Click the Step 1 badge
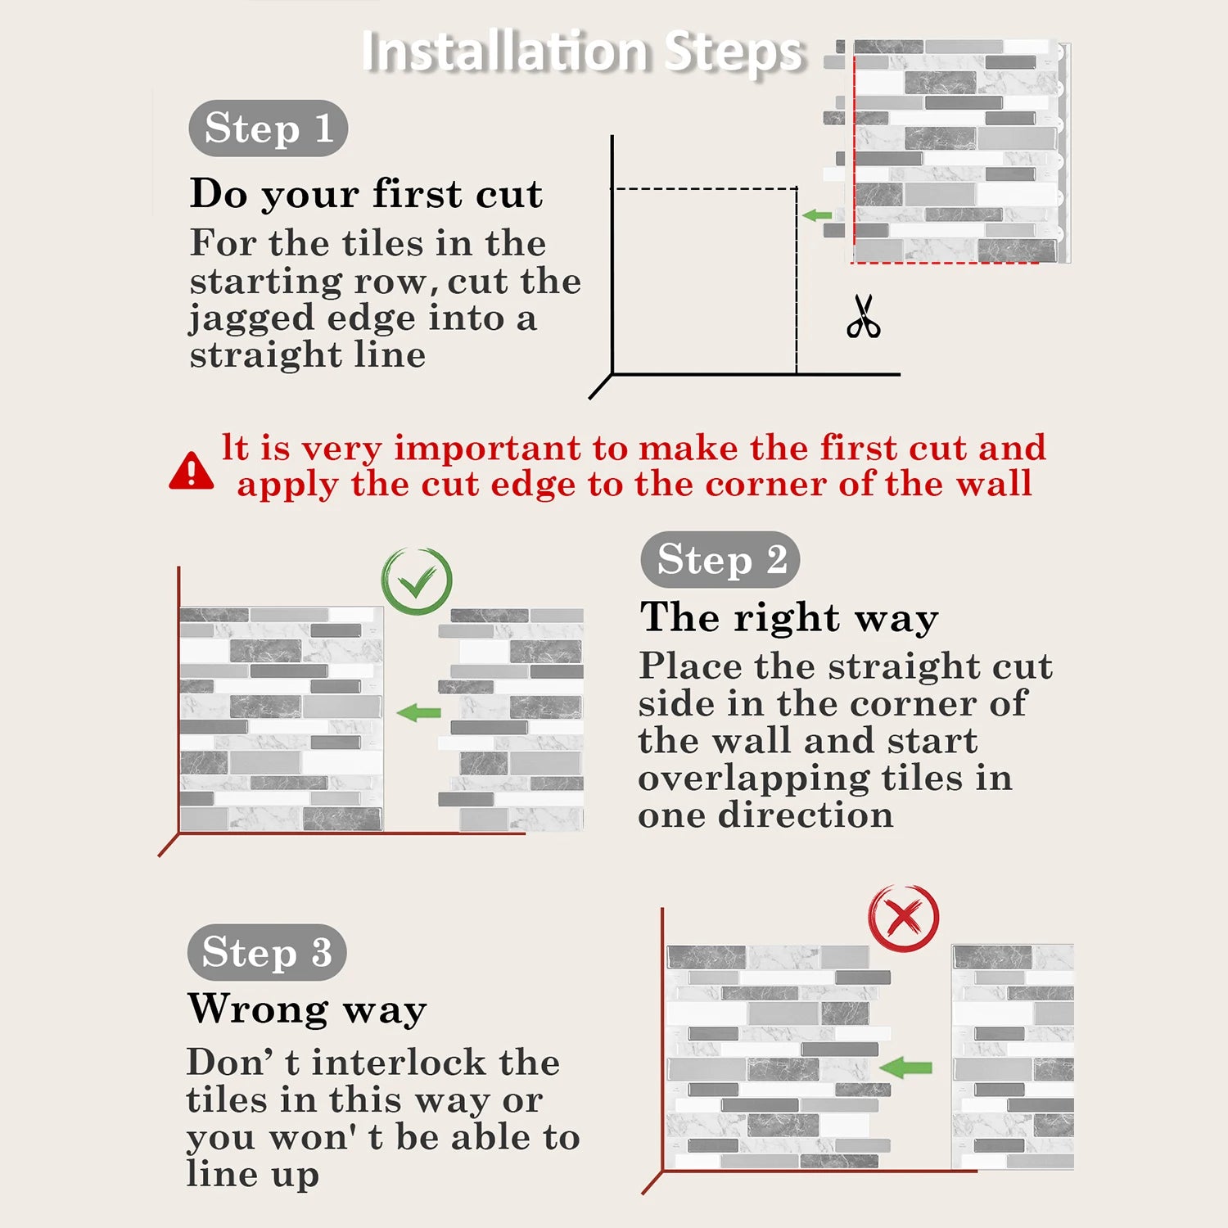269,129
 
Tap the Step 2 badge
720,560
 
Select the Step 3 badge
267,952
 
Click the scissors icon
864,317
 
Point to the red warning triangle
192,471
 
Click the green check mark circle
417,581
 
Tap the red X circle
904,918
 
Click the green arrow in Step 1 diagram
817,215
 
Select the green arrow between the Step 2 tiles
419,712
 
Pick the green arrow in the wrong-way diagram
905,1067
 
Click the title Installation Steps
583,51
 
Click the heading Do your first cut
366,194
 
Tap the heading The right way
789,617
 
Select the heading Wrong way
307,1009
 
